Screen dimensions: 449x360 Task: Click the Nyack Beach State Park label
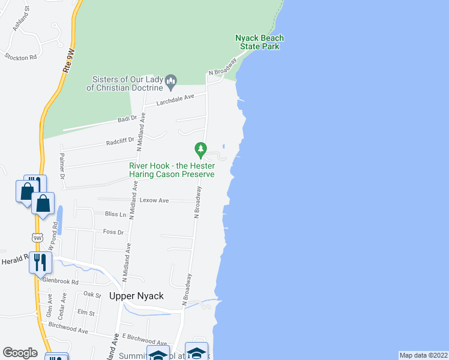click(259, 42)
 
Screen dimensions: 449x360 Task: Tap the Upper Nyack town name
click(136, 296)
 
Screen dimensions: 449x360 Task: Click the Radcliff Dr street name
click(119, 142)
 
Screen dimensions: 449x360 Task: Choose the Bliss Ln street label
click(116, 214)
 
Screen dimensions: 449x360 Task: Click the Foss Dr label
click(113, 232)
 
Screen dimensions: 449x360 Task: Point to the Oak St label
click(92, 295)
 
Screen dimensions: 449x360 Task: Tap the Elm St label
click(86, 313)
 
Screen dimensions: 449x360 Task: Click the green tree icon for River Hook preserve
click(200, 148)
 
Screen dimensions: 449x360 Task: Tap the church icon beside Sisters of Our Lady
click(170, 80)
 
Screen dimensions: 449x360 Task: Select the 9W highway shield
click(38, 238)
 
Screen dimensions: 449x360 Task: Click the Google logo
click(20, 353)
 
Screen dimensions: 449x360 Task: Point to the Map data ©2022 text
click(423, 355)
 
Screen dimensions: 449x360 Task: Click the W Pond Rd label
click(53, 237)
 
